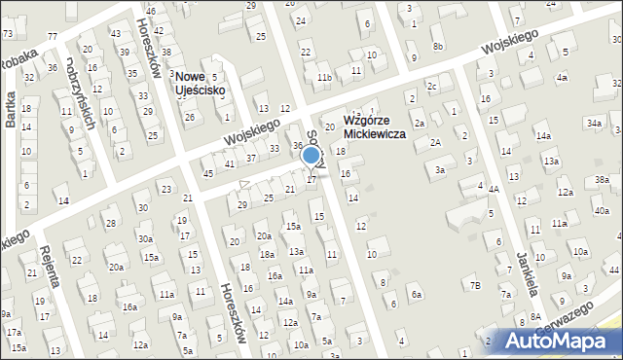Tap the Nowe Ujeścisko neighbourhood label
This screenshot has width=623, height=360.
coord(200,84)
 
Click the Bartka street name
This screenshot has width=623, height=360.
coord(11,110)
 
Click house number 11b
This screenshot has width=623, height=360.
coord(324,77)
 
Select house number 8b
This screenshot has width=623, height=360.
coord(438,46)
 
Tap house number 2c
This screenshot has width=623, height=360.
coord(431,86)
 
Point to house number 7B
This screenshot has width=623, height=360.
coord(475,285)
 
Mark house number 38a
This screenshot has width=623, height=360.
coord(602,180)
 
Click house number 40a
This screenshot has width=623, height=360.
coord(602,211)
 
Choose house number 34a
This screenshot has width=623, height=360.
coord(594,123)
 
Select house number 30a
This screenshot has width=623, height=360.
coord(145,238)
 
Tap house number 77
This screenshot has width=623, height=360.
coord(52,36)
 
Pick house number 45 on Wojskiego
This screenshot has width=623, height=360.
coord(207,173)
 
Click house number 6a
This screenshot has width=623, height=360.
coord(417,294)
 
